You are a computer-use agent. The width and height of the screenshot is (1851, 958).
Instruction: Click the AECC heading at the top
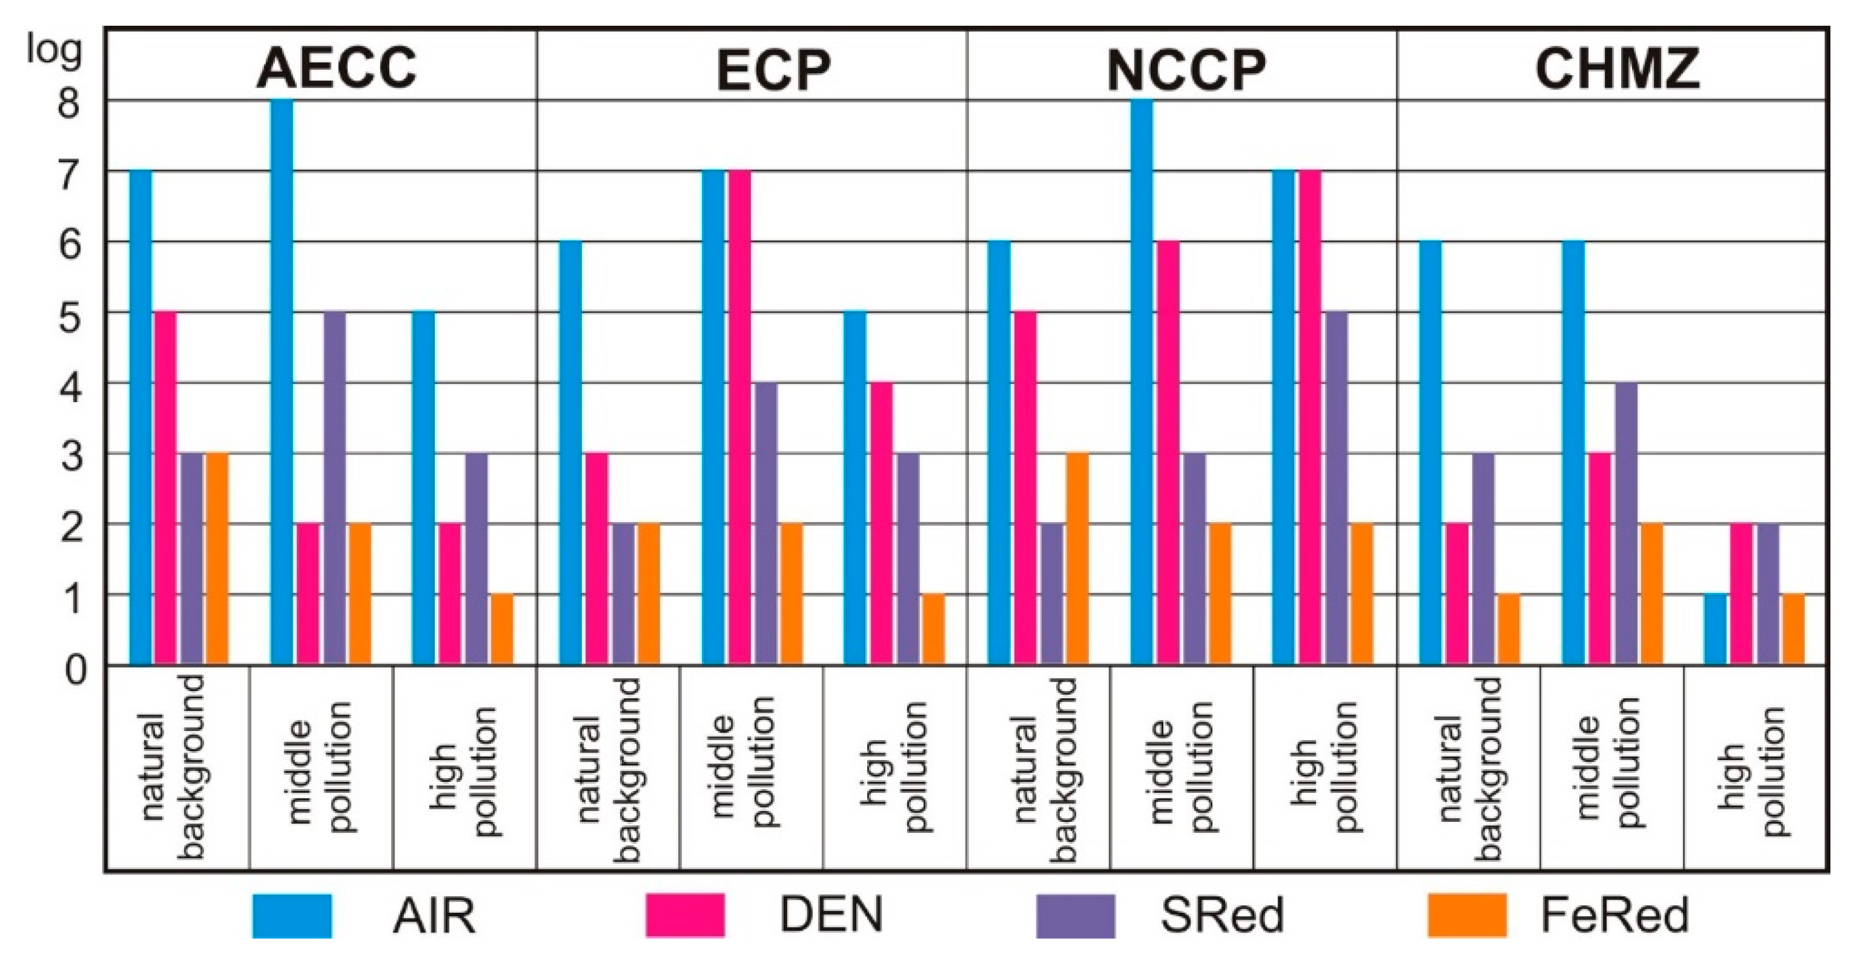(336, 67)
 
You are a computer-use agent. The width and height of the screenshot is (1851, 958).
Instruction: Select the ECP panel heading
(773, 69)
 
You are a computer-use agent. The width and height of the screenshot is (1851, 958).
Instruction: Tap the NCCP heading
(1186, 69)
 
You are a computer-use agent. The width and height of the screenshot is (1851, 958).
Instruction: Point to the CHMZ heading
(1617, 67)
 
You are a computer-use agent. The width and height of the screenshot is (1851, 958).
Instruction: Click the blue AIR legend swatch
(292, 916)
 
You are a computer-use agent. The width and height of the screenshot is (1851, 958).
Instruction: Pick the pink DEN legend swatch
(685, 916)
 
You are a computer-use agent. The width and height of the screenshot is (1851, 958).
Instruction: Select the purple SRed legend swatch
(1076, 916)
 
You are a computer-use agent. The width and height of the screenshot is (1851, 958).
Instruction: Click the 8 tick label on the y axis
(69, 105)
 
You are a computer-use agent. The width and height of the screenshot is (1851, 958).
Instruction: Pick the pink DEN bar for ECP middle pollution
(739, 418)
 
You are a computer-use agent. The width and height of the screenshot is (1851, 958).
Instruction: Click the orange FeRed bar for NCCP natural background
(1077, 559)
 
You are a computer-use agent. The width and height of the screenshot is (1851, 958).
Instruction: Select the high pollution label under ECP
(895, 769)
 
